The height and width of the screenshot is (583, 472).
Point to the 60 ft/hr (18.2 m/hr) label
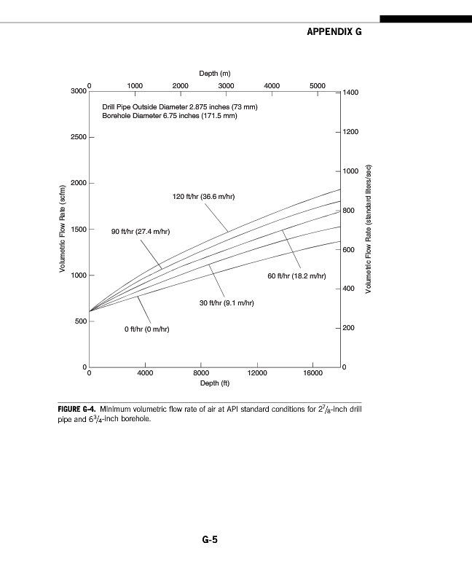(296, 276)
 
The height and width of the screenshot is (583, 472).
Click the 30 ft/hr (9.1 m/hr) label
(227, 302)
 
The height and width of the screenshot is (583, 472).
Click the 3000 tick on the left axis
(79, 91)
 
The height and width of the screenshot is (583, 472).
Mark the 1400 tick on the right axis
(351, 93)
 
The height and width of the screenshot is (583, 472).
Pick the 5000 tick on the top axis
(317, 85)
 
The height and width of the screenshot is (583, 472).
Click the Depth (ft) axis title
(215, 383)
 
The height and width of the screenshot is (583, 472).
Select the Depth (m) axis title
(215, 74)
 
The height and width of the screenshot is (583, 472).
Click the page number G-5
(211, 540)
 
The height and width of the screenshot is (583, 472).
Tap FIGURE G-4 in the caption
(76, 409)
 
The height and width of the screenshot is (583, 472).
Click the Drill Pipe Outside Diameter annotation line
(180, 107)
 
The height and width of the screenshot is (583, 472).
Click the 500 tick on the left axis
(79, 321)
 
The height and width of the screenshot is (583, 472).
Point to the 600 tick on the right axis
(349, 250)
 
